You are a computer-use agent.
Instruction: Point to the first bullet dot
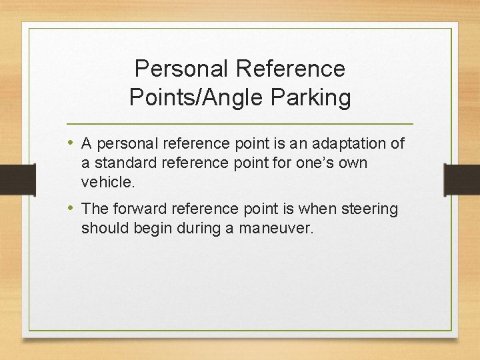point(71,143)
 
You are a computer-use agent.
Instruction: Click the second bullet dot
point(71,208)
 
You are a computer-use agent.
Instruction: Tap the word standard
point(125,163)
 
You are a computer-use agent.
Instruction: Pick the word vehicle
point(106,181)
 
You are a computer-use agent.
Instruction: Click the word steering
point(369,209)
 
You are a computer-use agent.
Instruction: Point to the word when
point(319,209)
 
